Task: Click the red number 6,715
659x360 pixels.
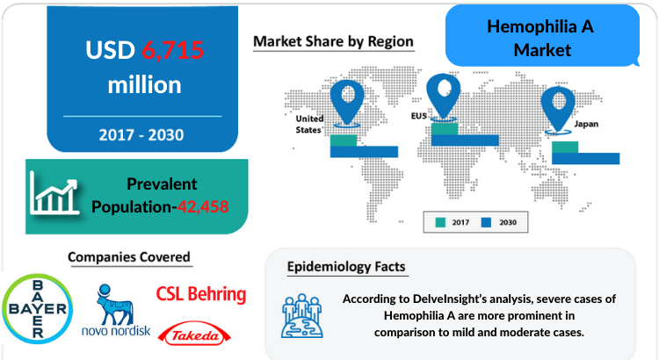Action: click(x=173, y=50)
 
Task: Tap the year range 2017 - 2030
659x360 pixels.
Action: click(x=141, y=135)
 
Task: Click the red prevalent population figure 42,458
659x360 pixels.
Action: click(x=203, y=206)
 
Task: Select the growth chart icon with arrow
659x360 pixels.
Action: click(x=54, y=193)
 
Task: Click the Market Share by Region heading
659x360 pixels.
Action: click(x=333, y=41)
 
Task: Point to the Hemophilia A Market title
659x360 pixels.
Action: click(x=540, y=39)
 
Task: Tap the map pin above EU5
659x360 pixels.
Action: click(x=443, y=97)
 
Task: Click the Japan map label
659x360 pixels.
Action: click(x=586, y=125)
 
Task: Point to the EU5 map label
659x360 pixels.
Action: click(x=418, y=116)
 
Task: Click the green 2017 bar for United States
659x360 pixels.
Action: click(x=344, y=140)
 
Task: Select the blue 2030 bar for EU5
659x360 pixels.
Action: click(x=465, y=140)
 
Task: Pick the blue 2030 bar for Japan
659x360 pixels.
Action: click(x=585, y=158)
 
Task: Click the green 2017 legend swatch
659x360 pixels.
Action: click(x=440, y=223)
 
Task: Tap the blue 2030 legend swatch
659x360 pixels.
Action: click(x=486, y=223)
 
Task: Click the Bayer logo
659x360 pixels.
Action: click(x=38, y=309)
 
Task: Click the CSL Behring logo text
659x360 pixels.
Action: click(x=201, y=294)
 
